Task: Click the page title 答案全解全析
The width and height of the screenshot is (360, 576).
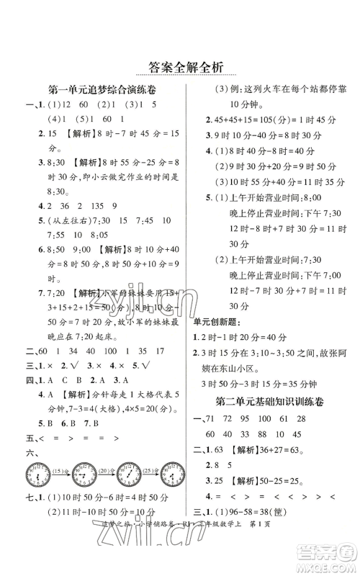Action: coord(180,66)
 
